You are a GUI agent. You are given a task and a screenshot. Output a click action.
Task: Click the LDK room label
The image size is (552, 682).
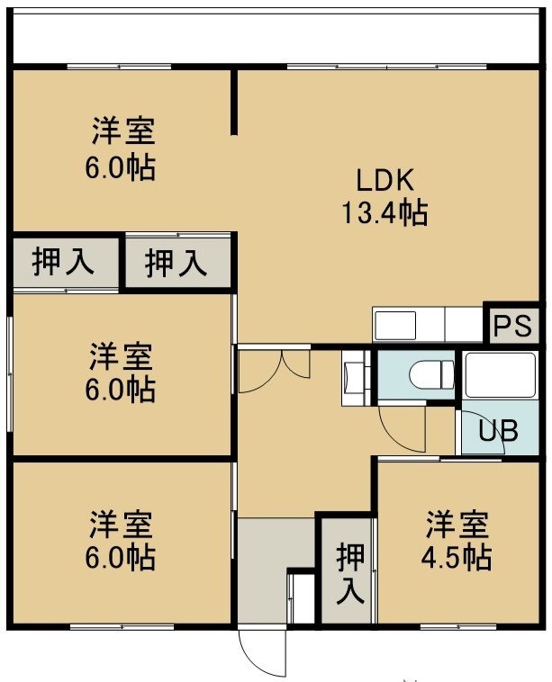385,180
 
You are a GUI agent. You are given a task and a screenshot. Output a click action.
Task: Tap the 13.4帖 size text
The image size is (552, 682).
385,212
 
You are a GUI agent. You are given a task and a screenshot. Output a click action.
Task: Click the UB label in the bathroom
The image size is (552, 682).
499,430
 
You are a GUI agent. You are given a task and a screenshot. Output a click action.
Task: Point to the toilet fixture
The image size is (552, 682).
431,374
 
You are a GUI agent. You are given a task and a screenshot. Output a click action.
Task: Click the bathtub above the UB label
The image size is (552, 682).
500,375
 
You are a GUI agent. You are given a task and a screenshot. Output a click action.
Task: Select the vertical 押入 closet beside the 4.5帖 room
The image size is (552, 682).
349,573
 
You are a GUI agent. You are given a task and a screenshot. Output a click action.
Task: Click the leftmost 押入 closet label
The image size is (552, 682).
64,263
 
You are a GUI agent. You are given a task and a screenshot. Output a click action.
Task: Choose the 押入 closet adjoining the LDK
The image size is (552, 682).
176,263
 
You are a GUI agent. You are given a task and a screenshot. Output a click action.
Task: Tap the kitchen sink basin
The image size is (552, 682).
395,325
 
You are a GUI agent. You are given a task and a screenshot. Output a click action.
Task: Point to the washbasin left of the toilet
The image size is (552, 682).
356,378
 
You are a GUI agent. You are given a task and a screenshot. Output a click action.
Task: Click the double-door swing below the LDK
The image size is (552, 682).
275,371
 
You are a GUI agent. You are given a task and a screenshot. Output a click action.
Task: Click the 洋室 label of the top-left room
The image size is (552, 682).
122,131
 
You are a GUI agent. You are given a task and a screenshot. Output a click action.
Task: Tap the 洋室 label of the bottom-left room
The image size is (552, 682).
122,525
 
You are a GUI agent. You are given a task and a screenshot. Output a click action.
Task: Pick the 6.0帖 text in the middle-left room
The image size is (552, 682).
121,389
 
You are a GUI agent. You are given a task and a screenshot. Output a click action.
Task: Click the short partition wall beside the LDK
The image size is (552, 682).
234,101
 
